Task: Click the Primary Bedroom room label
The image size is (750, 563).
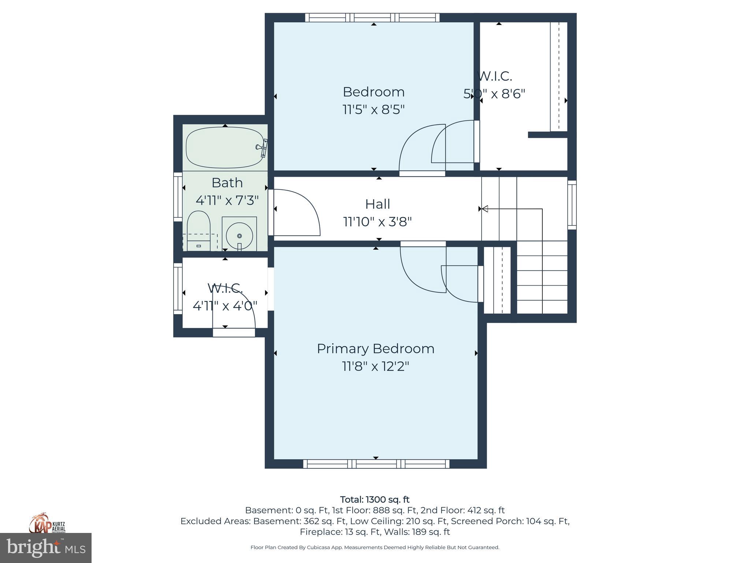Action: [x=375, y=349]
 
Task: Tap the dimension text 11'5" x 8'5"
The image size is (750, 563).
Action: [x=374, y=110]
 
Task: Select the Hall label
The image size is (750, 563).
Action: [x=378, y=204]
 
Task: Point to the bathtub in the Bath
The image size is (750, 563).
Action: [x=224, y=147]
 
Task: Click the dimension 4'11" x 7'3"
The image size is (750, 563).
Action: [x=227, y=200]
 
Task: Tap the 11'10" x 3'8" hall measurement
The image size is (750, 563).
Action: [x=378, y=222]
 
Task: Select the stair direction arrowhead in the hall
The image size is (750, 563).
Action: [x=484, y=209]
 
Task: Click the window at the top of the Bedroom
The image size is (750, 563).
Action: [x=372, y=17]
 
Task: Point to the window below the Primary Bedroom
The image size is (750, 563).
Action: [x=376, y=464]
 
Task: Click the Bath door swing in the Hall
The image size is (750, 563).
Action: [x=297, y=213]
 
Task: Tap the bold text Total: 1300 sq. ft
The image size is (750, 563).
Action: [x=375, y=500]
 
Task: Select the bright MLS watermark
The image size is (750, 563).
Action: [x=46, y=548]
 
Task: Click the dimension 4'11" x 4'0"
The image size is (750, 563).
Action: [x=225, y=306]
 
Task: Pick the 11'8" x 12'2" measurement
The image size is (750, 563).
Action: [x=375, y=366]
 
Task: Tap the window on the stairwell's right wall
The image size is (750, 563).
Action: [x=572, y=205]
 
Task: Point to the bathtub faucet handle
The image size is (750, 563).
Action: [x=261, y=147]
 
